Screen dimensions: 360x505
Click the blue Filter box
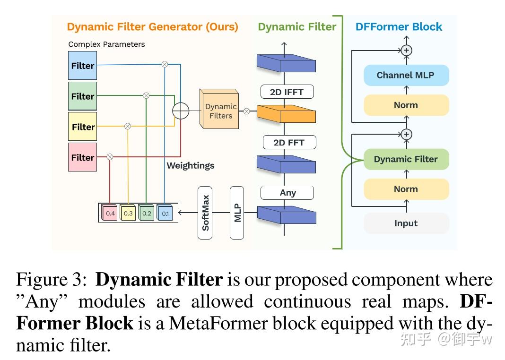click(82, 66)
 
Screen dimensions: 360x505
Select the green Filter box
click(82, 96)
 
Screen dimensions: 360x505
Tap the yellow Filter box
click(82, 127)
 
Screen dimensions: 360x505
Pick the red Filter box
click(82, 157)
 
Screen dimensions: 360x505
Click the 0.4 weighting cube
click(110, 213)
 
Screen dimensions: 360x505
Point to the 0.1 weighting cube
click(165, 213)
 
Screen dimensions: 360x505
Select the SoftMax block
click(205, 213)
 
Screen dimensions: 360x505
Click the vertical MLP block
click(237, 213)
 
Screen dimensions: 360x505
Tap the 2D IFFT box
click(287, 92)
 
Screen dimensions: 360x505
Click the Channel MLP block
click(406, 75)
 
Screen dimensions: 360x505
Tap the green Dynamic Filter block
click(406, 159)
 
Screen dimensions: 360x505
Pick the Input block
click(406, 223)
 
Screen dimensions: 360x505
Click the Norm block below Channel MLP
click(406, 105)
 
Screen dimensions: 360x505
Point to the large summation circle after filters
click(181, 111)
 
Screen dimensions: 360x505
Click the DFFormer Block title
click(399, 26)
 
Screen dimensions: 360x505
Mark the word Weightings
click(190, 165)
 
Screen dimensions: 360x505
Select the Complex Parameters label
click(106, 44)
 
